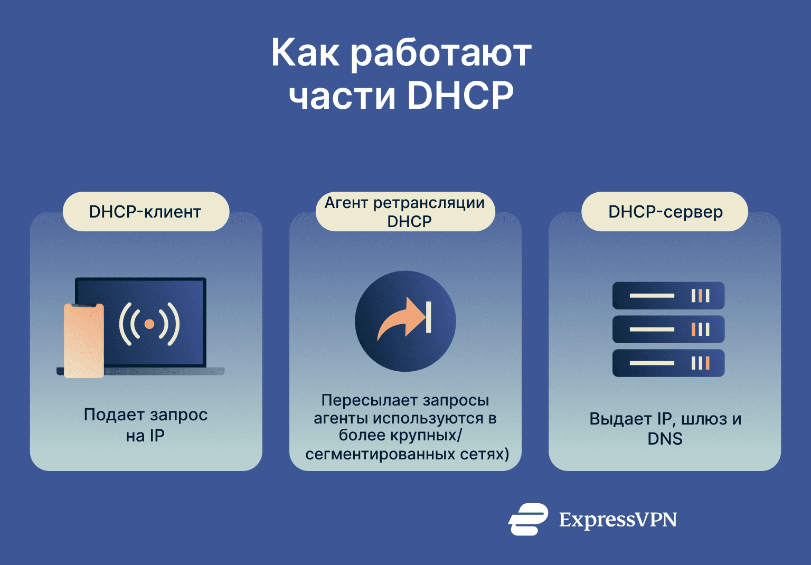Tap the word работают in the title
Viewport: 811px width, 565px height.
(x=441, y=53)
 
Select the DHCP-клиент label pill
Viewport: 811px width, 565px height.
(x=146, y=212)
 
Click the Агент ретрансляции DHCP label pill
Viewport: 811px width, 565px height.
(x=405, y=212)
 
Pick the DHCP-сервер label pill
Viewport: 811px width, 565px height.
(x=665, y=212)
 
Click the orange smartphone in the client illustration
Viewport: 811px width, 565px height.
(x=83, y=341)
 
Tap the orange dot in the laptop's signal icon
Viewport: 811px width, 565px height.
(x=149, y=324)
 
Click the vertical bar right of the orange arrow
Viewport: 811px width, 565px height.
(x=429, y=317)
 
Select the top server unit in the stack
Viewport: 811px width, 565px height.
(x=668, y=296)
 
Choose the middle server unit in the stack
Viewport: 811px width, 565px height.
(x=668, y=329)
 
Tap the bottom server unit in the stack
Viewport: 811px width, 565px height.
(x=668, y=363)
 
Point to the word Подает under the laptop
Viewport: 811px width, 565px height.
(x=111, y=415)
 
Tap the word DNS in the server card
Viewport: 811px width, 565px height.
(x=665, y=439)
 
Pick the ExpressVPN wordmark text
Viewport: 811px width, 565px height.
(x=618, y=520)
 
